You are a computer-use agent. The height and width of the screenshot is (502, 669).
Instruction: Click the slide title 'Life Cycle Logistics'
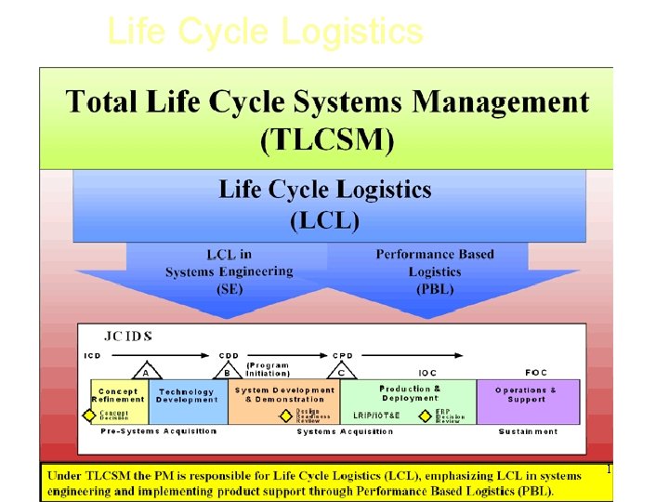pyautogui.click(x=265, y=32)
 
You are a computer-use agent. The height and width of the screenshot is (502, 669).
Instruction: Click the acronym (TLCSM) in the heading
pyautogui.click(x=327, y=141)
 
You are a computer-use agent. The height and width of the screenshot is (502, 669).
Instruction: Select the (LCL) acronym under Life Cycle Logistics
pyautogui.click(x=324, y=221)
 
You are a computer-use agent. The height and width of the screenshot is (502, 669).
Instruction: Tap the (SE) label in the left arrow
pyautogui.click(x=229, y=289)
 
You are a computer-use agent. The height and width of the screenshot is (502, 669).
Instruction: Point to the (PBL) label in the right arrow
pyautogui.click(x=435, y=289)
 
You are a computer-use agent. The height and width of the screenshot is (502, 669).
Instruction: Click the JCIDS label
pyautogui.click(x=128, y=336)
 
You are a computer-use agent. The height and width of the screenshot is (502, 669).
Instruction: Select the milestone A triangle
pyautogui.click(x=144, y=372)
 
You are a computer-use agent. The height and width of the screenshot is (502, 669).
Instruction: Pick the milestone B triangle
pyautogui.click(x=227, y=372)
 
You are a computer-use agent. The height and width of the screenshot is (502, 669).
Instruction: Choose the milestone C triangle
pyautogui.click(x=341, y=372)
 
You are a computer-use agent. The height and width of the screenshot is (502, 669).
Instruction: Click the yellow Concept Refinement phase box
pyautogui.click(x=119, y=394)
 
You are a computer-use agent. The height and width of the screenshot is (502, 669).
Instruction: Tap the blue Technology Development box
pyautogui.click(x=187, y=396)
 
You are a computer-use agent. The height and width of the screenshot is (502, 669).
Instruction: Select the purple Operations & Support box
pyautogui.click(x=526, y=394)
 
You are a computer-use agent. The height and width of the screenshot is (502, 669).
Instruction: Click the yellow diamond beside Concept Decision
pyautogui.click(x=90, y=416)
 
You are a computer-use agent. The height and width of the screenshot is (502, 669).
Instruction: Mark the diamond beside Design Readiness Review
pyautogui.click(x=287, y=416)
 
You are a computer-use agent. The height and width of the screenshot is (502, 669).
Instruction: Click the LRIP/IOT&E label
pyautogui.click(x=376, y=416)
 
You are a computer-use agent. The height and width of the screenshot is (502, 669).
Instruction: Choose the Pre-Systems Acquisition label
pyautogui.click(x=158, y=431)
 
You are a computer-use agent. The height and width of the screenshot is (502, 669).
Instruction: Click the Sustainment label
pyautogui.click(x=528, y=431)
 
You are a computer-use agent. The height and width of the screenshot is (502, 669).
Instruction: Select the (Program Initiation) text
pyautogui.click(x=268, y=369)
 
